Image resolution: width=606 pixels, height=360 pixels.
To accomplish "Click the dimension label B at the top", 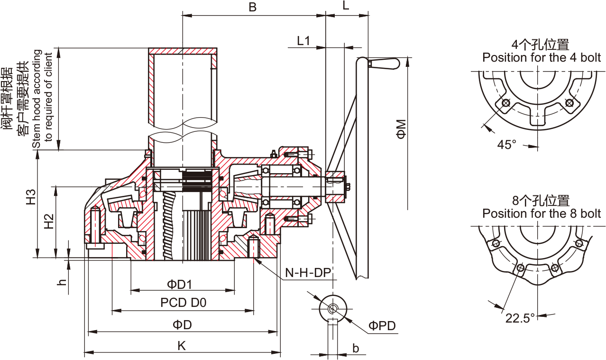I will tap(253, 7).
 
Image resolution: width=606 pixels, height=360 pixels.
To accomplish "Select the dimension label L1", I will tap(303, 41).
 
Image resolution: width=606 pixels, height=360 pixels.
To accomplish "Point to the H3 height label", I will tap(31, 196).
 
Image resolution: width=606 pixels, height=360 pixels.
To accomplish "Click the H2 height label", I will tap(49, 222).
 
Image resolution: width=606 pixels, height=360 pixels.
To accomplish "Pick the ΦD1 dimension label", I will tap(179, 285).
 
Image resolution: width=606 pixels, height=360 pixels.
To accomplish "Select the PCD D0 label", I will tap(183, 303).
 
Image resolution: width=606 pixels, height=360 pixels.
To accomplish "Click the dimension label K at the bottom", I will tap(182, 346).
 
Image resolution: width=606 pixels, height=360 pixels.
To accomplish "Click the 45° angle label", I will tap(506, 144).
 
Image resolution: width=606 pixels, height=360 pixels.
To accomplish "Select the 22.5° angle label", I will tap(520, 318).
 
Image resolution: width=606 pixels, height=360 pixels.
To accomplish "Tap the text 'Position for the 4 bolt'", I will tap(542, 58).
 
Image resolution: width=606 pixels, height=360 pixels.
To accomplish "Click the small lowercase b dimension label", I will tap(356, 349).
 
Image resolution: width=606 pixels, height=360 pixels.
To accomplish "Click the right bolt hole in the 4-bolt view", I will tap(569, 102).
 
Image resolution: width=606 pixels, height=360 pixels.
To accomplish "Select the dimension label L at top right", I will tap(346, 7).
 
